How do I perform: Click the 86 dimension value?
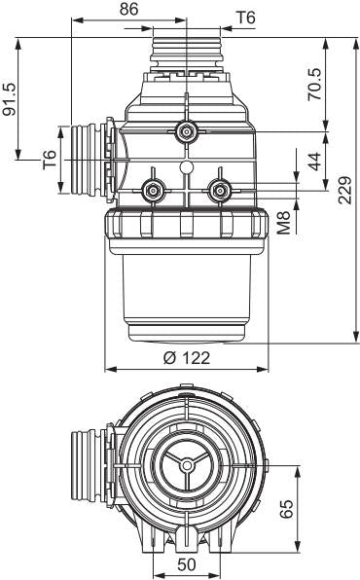(x=128, y=10)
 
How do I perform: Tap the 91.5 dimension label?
(x=10, y=99)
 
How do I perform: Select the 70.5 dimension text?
(x=315, y=84)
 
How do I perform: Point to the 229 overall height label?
(x=344, y=190)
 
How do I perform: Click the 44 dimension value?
(x=315, y=162)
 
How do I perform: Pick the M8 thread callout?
(x=284, y=223)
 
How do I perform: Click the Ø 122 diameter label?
(x=187, y=358)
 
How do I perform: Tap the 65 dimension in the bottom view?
(x=286, y=509)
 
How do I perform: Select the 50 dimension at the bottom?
(x=187, y=564)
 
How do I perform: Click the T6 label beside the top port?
(x=245, y=18)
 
